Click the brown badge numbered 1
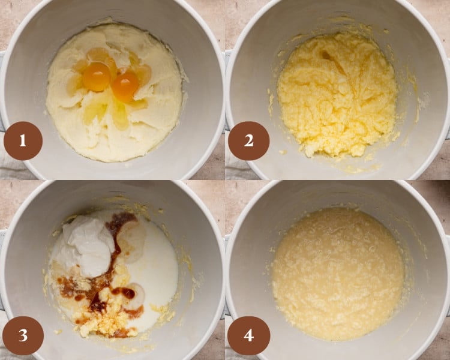pyautogui.click(x=23, y=141)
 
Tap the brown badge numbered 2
pyautogui.click(x=248, y=141)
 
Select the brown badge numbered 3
pyautogui.click(x=23, y=335)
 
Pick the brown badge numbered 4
pyautogui.click(x=248, y=335)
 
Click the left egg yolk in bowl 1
pyautogui.click(x=97, y=76)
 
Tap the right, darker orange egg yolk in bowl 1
pyautogui.click(x=125, y=87)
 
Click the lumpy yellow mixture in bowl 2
pyautogui.click(x=336, y=93)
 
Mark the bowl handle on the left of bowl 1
pyautogui.click(x=2, y=90)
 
